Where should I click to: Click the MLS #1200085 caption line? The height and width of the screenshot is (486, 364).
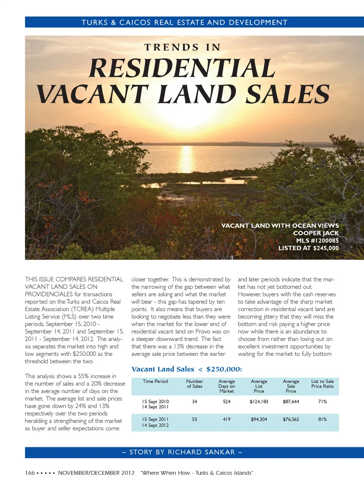click(317, 241)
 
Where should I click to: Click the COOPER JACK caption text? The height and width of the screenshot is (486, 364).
click(316, 233)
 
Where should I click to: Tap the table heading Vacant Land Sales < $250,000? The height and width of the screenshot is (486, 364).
click(187, 369)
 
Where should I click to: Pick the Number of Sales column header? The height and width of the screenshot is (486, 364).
click(195, 384)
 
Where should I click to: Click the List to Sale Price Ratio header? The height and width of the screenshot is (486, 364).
click(322, 384)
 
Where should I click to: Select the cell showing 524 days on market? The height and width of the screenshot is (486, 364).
click(227, 402)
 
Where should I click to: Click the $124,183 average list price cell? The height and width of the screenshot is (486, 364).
click(259, 402)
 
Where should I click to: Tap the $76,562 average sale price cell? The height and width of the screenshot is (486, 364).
click(291, 419)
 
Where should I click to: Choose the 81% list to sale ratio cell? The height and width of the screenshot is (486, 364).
click(322, 419)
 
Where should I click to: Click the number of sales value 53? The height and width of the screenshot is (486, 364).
click(195, 419)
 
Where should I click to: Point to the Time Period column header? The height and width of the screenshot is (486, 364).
click(155, 382)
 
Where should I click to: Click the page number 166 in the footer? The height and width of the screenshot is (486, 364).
click(30, 473)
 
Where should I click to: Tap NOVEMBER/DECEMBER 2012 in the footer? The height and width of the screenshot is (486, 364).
click(96, 473)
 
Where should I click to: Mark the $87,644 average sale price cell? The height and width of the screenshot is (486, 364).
click(291, 402)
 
